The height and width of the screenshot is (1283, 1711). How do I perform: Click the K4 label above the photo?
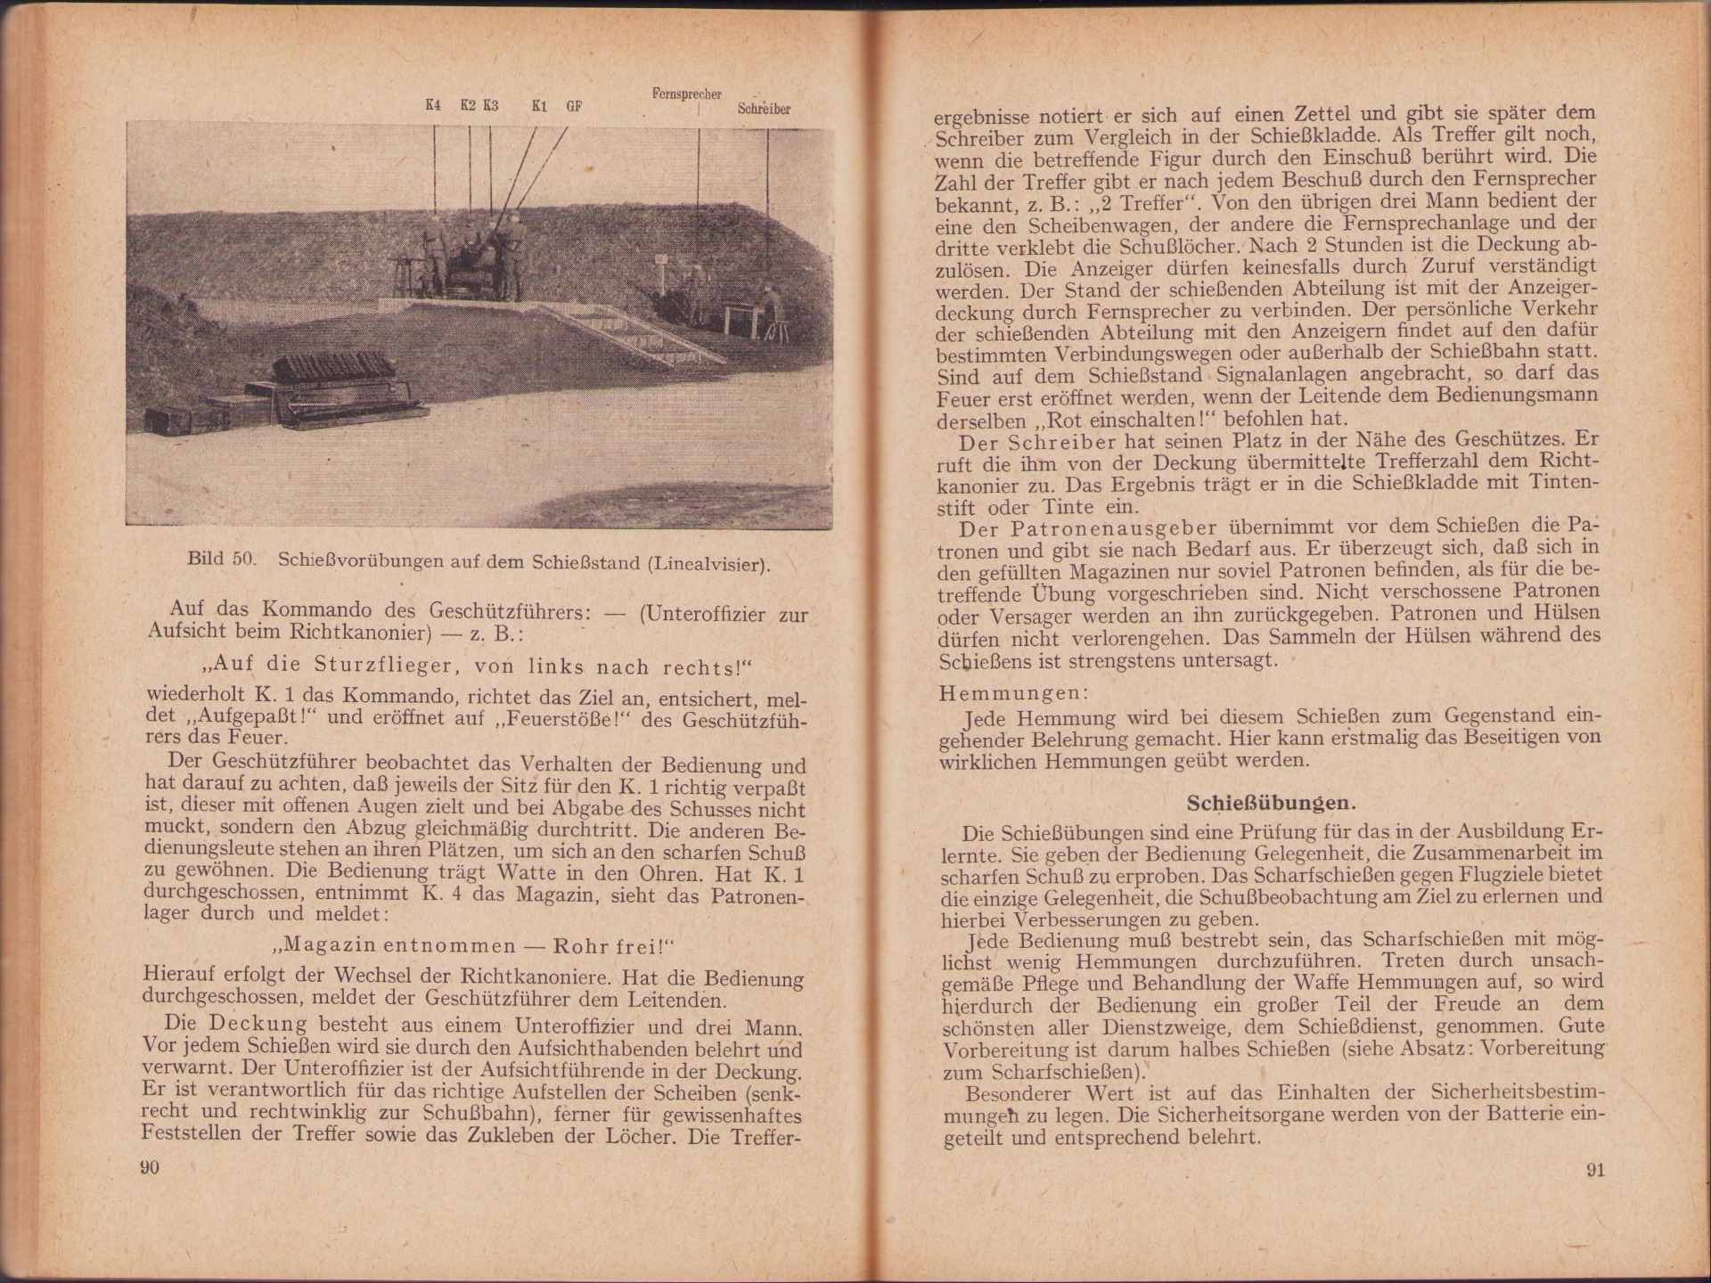pyautogui.click(x=433, y=105)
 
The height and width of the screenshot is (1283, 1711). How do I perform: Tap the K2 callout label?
pyautogui.click(x=468, y=105)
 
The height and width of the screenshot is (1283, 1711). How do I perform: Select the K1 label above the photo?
pyautogui.click(x=538, y=106)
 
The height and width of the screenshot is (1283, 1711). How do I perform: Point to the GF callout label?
pyautogui.click(x=574, y=106)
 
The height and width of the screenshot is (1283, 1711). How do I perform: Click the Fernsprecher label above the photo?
pyautogui.click(x=686, y=94)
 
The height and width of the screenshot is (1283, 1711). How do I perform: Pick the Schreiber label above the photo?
pyautogui.click(x=764, y=109)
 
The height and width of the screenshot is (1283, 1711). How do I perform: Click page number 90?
pyautogui.click(x=150, y=1167)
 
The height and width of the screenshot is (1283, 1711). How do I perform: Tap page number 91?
pyautogui.click(x=1595, y=1170)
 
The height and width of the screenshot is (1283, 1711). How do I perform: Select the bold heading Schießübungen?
pyautogui.click(x=1271, y=803)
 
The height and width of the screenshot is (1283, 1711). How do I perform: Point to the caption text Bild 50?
pyautogui.click(x=222, y=560)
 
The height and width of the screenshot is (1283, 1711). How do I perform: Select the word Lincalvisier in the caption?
pyautogui.click(x=708, y=564)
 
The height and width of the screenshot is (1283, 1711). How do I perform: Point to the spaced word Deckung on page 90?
pyautogui.click(x=258, y=1025)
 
